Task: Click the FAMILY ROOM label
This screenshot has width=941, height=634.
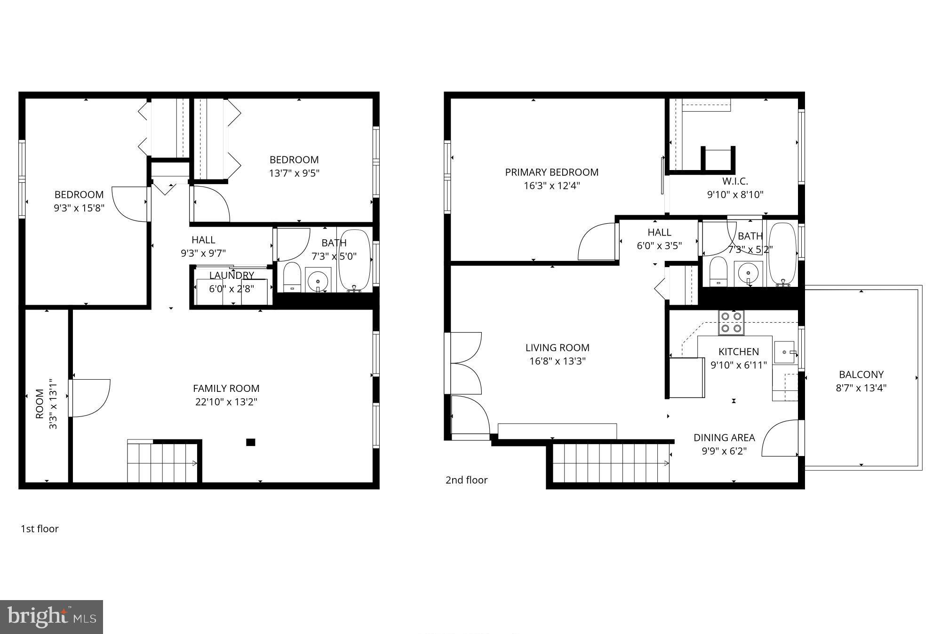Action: pyautogui.click(x=226, y=389)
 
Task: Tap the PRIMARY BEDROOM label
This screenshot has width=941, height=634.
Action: pyautogui.click(x=551, y=172)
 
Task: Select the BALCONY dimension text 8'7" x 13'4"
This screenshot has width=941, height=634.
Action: pyautogui.click(x=861, y=388)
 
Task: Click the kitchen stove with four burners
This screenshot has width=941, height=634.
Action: pyautogui.click(x=731, y=323)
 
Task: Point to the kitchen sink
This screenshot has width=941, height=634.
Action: pyautogui.click(x=784, y=352)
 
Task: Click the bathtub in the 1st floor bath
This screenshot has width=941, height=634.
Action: pyautogui.click(x=355, y=260)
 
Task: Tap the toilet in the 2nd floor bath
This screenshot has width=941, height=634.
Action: pyautogui.click(x=718, y=271)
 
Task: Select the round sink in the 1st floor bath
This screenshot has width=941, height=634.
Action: pyautogui.click(x=318, y=281)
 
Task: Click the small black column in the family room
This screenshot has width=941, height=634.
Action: pyautogui.click(x=251, y=442)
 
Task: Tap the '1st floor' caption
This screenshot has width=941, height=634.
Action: pyautogui.click(x=40, y=528)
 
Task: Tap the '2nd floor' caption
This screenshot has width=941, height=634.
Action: pyautogui.click(x=466, y=480)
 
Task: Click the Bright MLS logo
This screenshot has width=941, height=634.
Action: pyautogui.click(x=51, y=617)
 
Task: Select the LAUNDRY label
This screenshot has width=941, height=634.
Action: pyautogui.click(x=231, y=275)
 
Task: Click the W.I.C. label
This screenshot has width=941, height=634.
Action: pyautogui.click(x=735, y=181)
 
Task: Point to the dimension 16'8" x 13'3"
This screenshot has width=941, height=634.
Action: pyautogui.click(x=557, y=361)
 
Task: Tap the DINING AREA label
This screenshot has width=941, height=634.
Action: pyautogui.click(x=724, y=438)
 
